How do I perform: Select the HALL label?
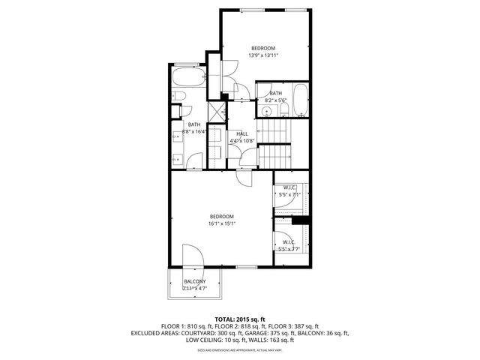(242, 134)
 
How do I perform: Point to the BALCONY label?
(194, 281)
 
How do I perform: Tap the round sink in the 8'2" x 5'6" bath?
(268, 111)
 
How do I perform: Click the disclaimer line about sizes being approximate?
(239, 349)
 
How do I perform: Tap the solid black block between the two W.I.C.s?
(301, 220)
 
